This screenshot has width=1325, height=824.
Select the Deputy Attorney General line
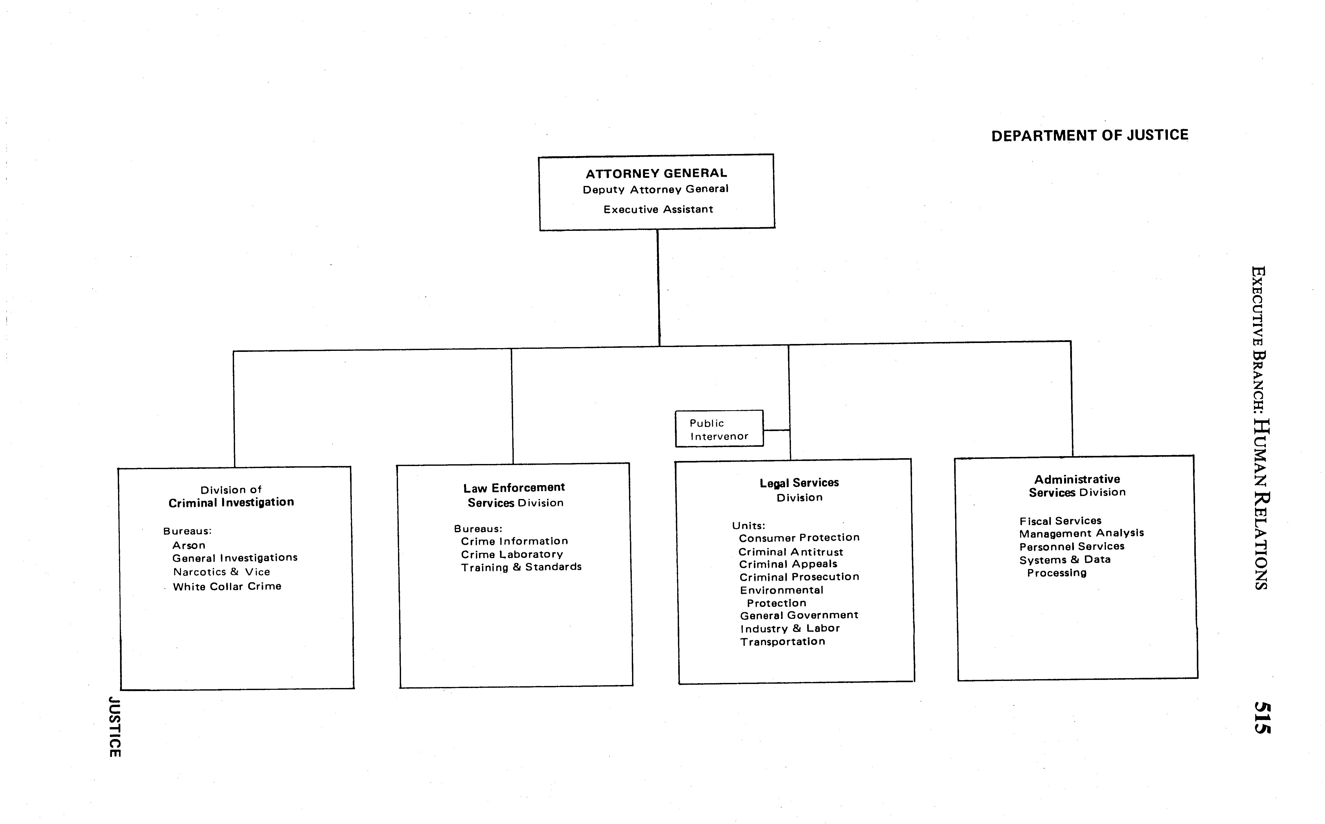click(655, 189)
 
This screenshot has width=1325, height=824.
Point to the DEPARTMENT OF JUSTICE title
click(1089, 135)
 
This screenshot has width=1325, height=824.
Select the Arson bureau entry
click(189, 545)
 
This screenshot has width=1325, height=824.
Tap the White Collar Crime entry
click(227, 586)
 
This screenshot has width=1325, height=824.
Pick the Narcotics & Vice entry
click(221, 572)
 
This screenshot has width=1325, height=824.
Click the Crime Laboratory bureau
click(511, 554)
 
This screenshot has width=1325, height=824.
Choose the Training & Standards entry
click(521, 567)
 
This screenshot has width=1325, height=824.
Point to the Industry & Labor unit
click(790, 628)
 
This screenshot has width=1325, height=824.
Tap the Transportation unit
click(783, 641)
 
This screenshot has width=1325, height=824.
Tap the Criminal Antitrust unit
click(791, 552)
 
